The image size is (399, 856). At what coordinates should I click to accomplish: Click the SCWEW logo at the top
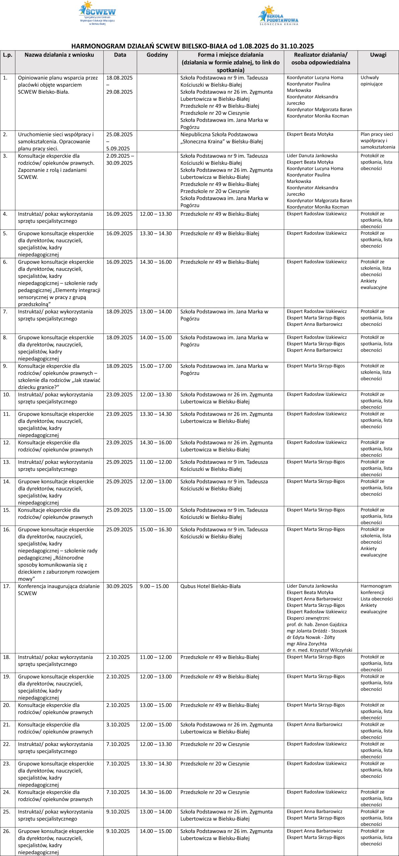pyautogui.click(x=97, y=13)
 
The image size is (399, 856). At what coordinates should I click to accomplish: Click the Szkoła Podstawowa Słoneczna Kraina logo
pyautogui.click(x=278, y=16)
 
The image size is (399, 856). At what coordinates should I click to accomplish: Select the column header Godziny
pyautogui.click(x=157, y=55)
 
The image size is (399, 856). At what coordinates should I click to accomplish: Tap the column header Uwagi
pyautogui.click(x=378, y=55)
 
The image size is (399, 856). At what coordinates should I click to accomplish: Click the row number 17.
pyautogui.click(x=7, y=586)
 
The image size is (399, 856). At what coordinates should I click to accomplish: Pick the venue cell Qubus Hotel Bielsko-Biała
pyautogui.click(x=210, y=586)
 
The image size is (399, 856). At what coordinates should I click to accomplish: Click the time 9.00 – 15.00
pyautogui.click(x=154, y=586)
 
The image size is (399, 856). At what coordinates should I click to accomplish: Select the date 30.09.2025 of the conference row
pyautogui.click(x=119, y=586)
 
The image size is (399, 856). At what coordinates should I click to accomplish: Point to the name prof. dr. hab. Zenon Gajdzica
pyautogui.click(x=317, y=624)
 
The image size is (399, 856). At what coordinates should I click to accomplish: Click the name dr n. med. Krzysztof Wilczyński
pyautogui.click(x=319, y=650)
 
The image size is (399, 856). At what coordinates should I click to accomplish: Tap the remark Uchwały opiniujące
pyautogui.click(x=370, y=81)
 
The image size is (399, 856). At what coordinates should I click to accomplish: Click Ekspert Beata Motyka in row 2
pyautogui.click(x=310, y=134)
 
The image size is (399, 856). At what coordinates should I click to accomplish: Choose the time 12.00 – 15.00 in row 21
pyautogui.click(x=156, y=725)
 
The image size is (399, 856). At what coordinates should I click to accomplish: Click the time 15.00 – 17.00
pyautogui.click(x=156, y=366)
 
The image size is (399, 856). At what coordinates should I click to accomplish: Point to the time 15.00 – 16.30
pyautogui.click(x=156, y=529)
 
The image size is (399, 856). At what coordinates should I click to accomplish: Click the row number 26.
pyautogui.click(x=7, y=831)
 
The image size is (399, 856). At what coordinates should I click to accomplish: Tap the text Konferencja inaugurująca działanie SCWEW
pyautogui.click(x=59, y=590)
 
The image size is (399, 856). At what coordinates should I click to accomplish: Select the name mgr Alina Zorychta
pyautogui.click(x=307, y=644)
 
